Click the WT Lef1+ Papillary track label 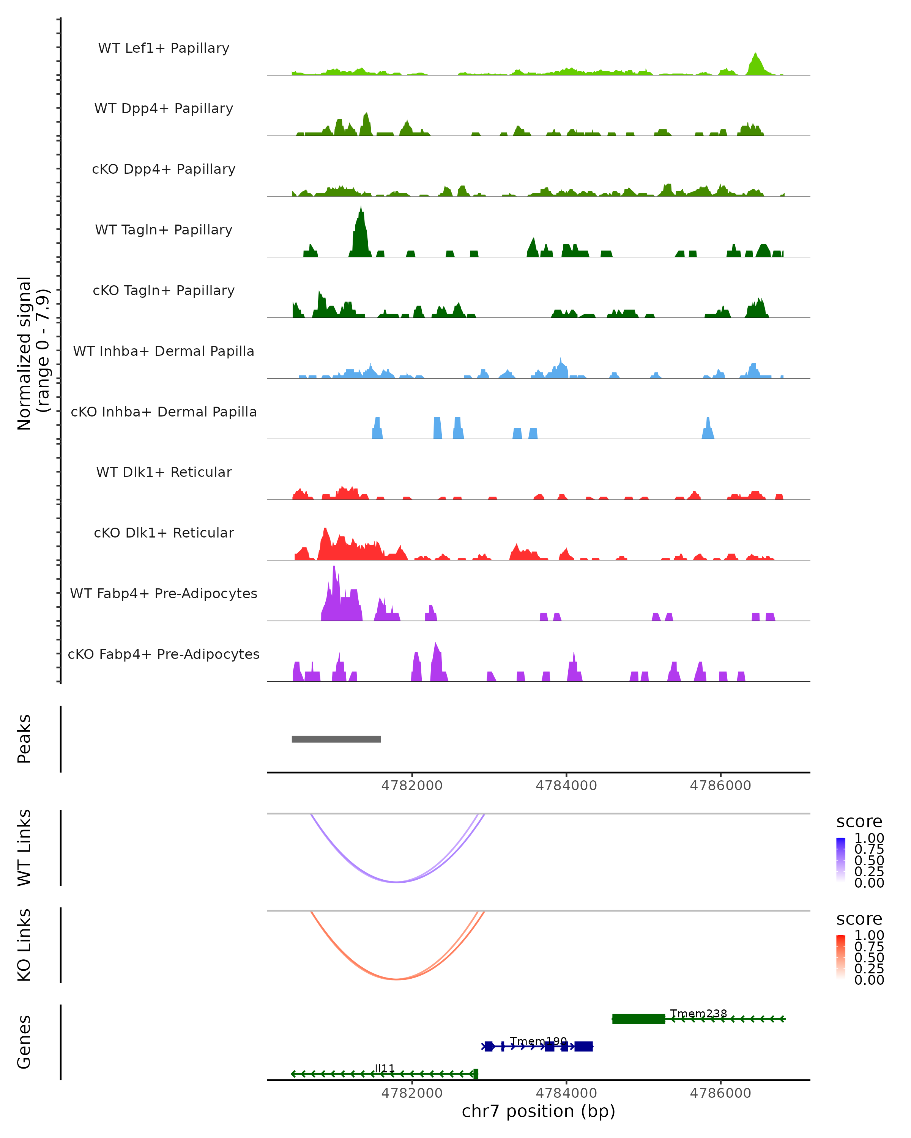(x=164, y=48)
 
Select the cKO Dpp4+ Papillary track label (x=164, y=169)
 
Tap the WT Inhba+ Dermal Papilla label (x=164, y=351)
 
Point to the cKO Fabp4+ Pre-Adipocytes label (x=164, y=654)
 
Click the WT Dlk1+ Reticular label (x=164, y=472)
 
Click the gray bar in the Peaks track (x=336, y=739)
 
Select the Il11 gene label (x=385, y=1068)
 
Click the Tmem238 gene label (x=698, y=1014)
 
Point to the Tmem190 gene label (x=538, y=1041)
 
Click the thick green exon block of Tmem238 (x=638, y=1019)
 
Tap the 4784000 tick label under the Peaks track (x=566, y=786)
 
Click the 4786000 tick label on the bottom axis (x=720, y=1092)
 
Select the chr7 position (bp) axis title (x=538, y=1111)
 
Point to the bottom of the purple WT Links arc (x=397, y=882)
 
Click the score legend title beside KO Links (x=859, y=919)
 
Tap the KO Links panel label (x=24, y=945)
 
